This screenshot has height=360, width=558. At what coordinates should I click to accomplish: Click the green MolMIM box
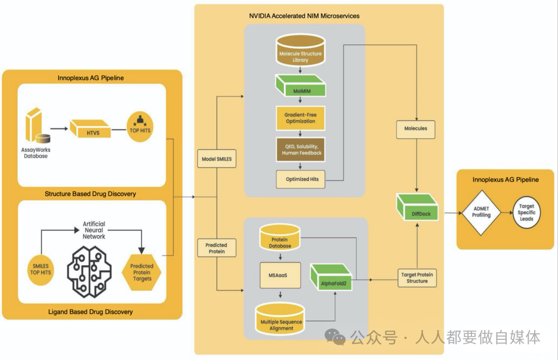301,86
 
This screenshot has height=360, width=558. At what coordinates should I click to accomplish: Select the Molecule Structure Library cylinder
300,50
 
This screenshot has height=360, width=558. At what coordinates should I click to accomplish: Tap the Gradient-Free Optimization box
300,118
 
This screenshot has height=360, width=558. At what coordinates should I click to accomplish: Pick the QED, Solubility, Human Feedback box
301,149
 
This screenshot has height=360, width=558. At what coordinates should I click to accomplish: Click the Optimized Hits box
301,179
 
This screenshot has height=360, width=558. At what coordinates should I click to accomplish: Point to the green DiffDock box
417,207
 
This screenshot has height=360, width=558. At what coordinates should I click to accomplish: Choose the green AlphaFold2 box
331,277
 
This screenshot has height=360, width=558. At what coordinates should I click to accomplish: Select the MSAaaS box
280,276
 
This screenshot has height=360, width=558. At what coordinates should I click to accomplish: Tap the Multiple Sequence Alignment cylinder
280,319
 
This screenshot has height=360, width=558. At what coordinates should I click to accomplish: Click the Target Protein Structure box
417,278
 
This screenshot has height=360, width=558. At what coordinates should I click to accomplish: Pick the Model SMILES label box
217,158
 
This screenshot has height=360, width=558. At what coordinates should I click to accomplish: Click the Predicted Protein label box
217,248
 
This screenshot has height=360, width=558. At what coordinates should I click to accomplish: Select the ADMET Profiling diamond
481,213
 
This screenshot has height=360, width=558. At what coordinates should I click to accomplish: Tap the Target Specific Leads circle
526,212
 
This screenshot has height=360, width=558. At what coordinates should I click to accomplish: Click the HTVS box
90,129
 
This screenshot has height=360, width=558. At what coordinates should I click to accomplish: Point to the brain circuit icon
89,272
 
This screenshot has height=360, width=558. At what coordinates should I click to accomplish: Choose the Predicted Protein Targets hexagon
142,272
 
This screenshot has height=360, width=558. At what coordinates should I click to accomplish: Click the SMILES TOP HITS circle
40,270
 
